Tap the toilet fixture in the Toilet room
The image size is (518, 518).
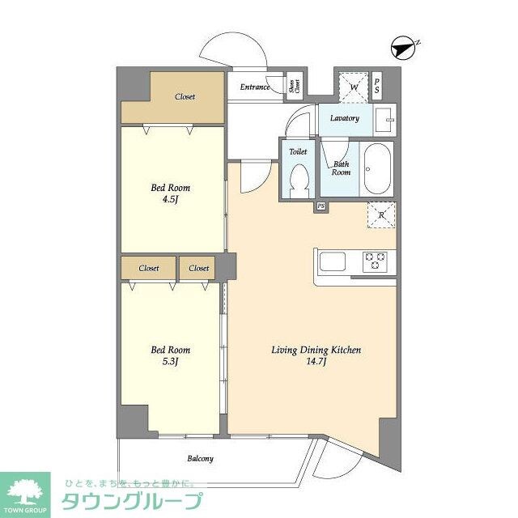click(x=299, y=179)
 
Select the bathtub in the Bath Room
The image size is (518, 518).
click(x=378, y=169)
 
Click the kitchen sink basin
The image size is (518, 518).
click(x=333, y=261)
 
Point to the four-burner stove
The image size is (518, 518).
click(x=376, y=261)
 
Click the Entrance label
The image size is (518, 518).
click(x=254, y=87)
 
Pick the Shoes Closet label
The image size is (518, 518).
click(x=295, y=87)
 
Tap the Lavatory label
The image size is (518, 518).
click(x=345, y=118)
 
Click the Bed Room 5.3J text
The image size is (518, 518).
click(x=171, y=355)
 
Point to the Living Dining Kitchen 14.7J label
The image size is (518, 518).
click(x=316, y=355)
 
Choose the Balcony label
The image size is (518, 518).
click(x=201, y=459)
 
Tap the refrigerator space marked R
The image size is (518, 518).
click(x=380, y=214)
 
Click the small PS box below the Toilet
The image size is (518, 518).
click(x=321, y=206)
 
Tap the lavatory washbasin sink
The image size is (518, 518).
click(x=385, y=119)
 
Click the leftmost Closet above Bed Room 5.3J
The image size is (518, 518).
click(x=148, y=268)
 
